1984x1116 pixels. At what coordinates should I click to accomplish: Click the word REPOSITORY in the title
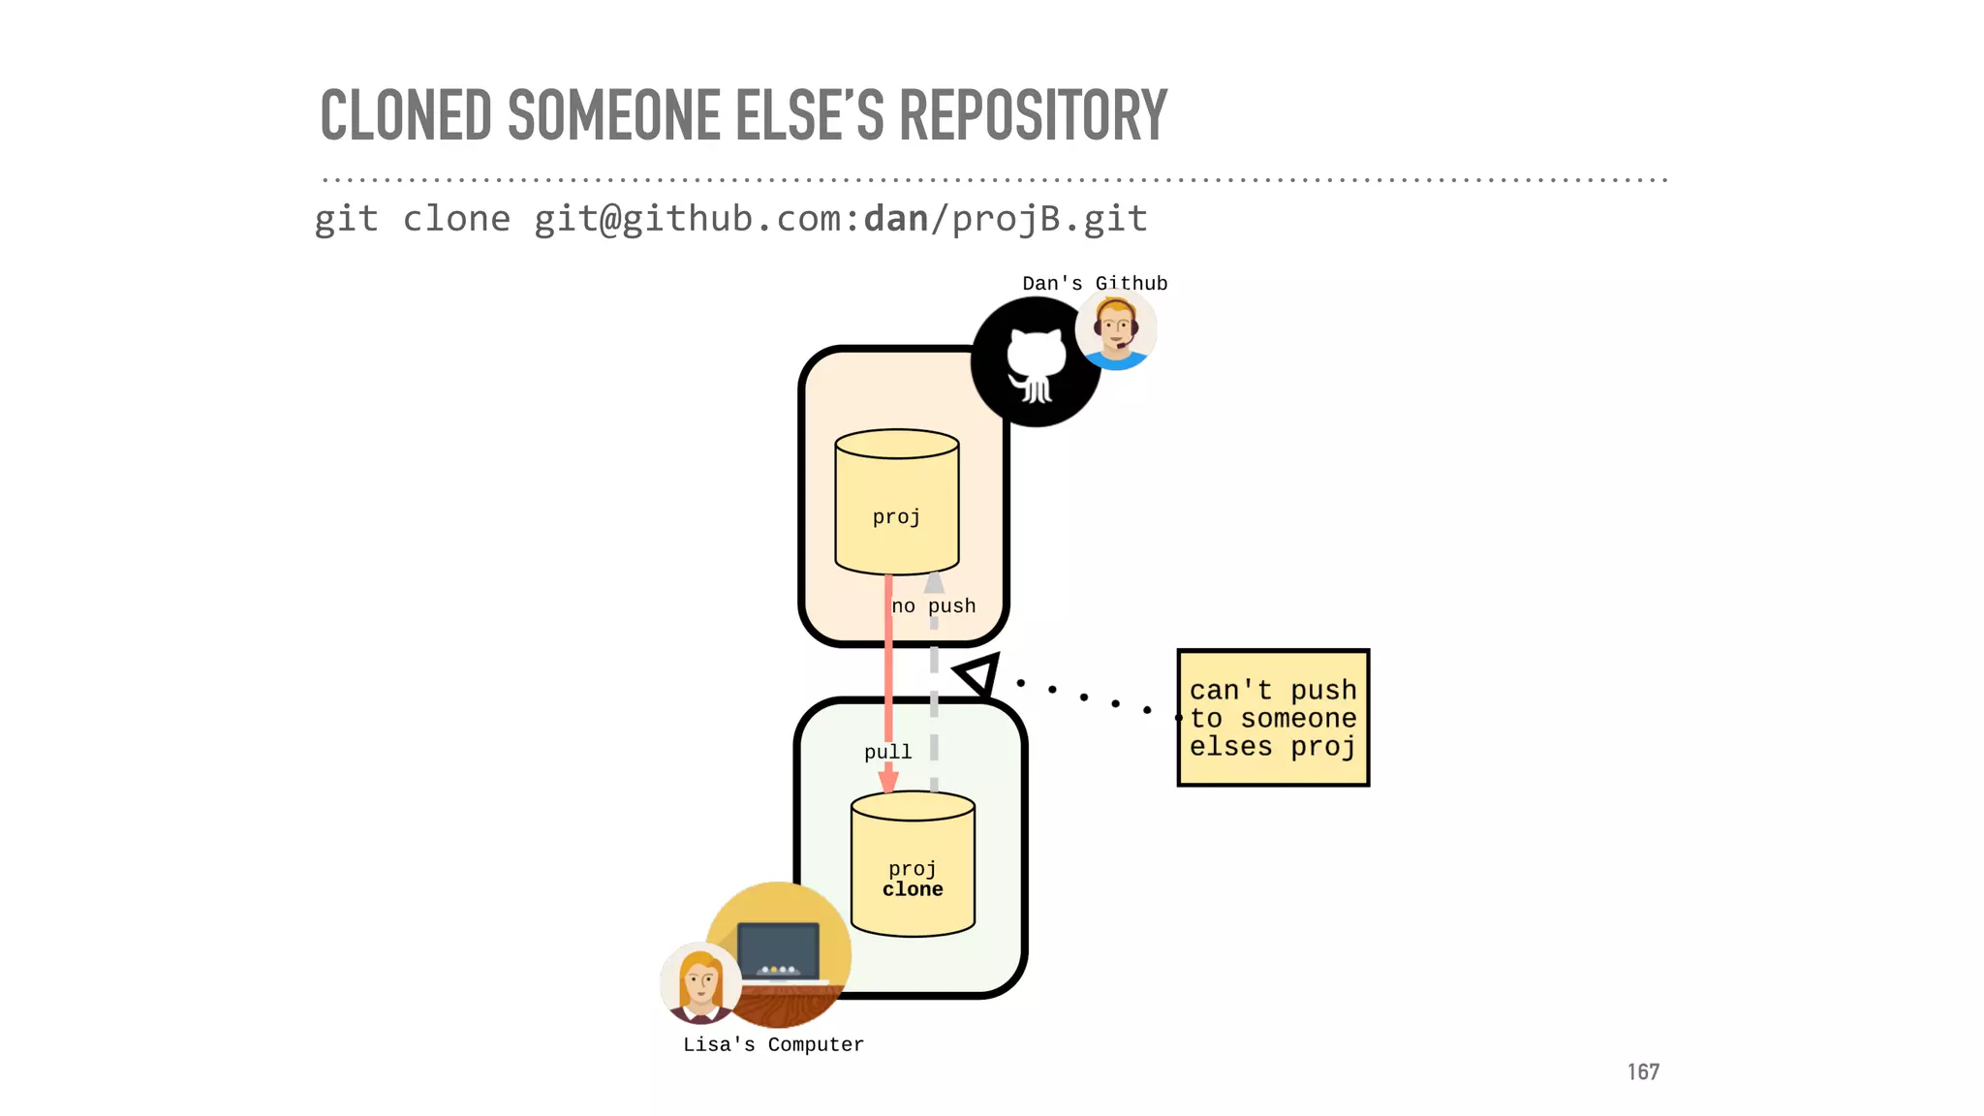[x=1033, y=115]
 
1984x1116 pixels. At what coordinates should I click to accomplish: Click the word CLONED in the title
[x=406, y=115]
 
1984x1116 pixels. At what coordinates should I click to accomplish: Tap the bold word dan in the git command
[x=896, y=219]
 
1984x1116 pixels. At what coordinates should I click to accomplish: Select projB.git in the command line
[x=1049, y=220]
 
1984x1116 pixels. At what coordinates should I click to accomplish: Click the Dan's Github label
[x=1095, y=283]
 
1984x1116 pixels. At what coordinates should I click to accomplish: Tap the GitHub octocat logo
[x=1035, y=363]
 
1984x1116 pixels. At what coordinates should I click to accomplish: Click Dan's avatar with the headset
[x=1116, y=330]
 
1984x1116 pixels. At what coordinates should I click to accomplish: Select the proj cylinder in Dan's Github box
[x=896, y=504]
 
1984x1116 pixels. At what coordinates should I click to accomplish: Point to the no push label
[x=933, y=606]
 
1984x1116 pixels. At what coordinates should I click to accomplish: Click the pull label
[x=887, y=752]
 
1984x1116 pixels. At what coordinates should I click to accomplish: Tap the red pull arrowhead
[x=888, y=780]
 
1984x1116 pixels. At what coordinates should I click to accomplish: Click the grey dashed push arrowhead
[x=934, y=582]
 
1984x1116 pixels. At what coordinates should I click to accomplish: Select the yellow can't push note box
[x=1272, y=718]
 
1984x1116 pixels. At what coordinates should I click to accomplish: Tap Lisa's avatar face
[x=699, y=982]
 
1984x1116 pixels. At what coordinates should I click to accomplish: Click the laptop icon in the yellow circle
[x=778, y=950]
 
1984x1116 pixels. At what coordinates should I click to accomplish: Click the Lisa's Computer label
[x=773, y=1044]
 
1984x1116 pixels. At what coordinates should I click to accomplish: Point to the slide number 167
[x=1643, y=1071]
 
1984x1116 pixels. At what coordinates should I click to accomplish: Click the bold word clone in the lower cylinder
[x=913, y=889]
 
